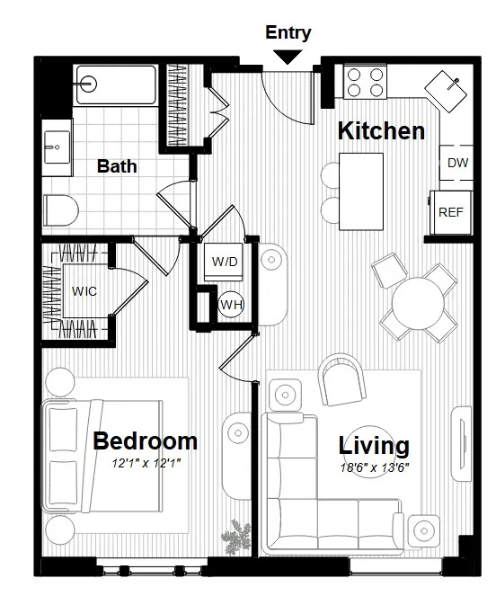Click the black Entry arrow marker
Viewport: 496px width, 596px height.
click(288, 57)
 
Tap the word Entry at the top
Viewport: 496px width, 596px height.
click(288, 33)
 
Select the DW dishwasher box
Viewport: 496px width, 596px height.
click(457, 164)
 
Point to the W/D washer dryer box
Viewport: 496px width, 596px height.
click(225, 262)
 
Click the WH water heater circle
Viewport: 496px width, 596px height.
click(231, 305)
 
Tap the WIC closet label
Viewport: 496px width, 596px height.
click(84, 292)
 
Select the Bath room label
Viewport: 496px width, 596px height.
click(117, 166)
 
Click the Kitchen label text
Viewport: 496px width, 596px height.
click(380, 131)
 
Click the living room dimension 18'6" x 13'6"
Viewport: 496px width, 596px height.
click(374, 468)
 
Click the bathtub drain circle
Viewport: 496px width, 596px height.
click(87, 84)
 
